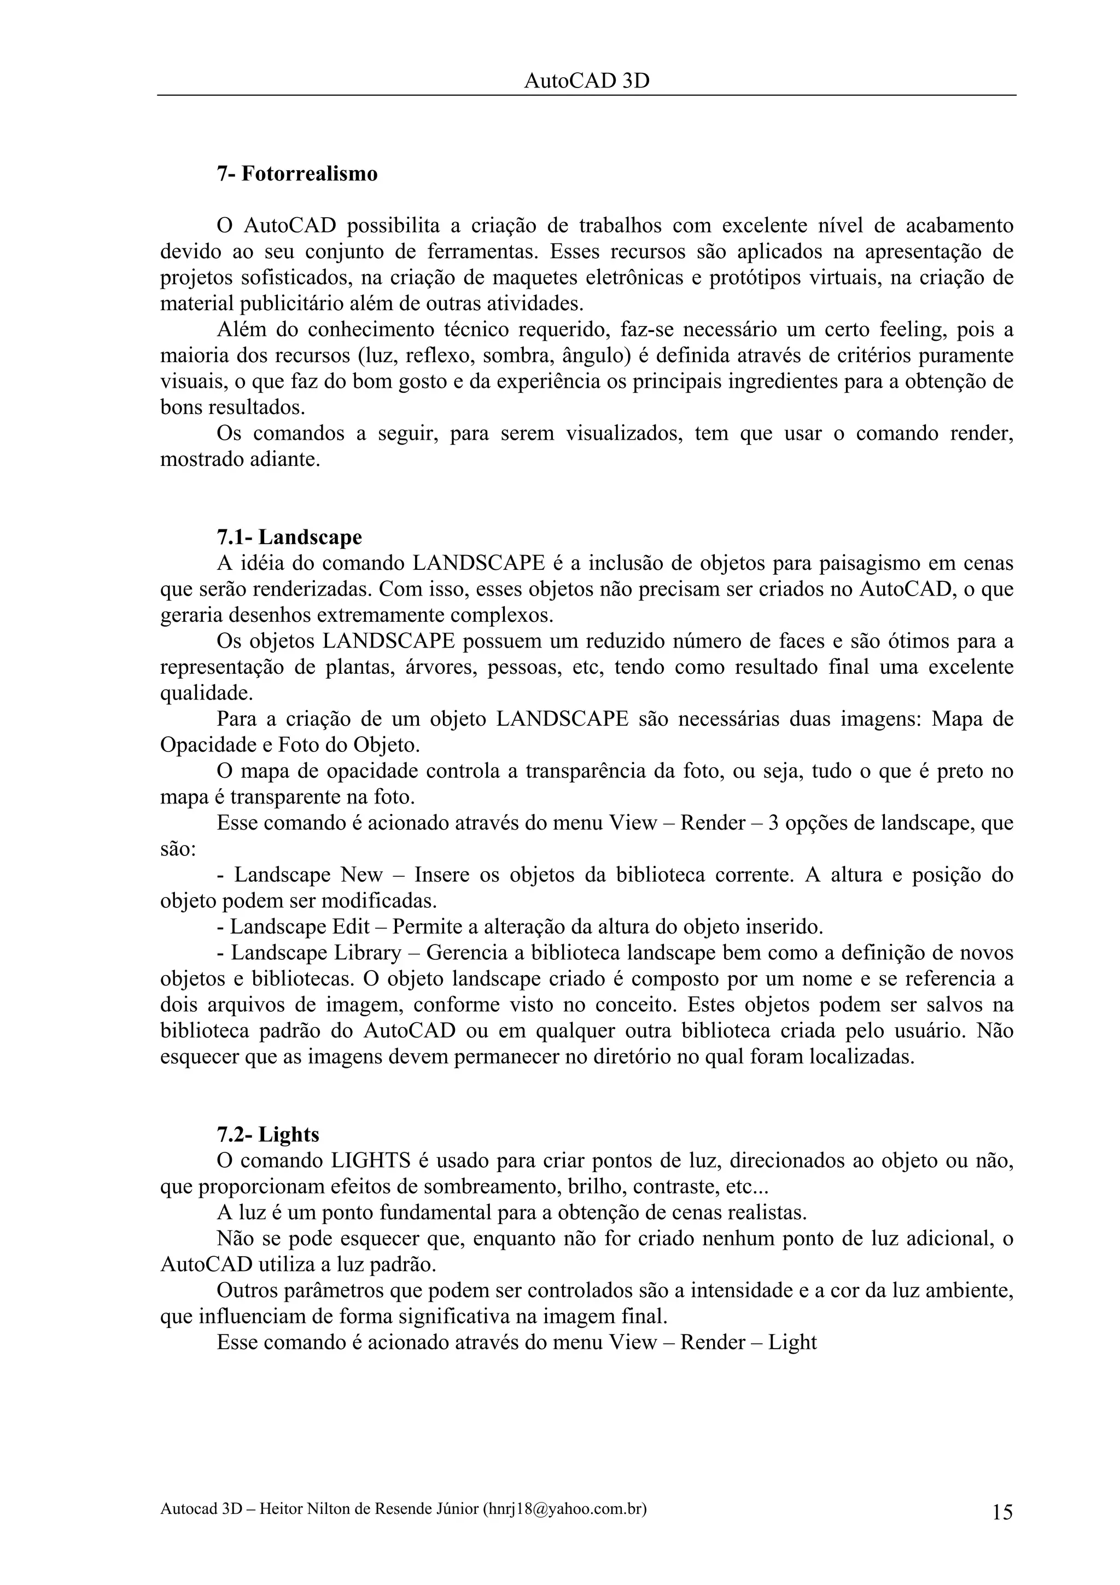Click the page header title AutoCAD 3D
point(587,81)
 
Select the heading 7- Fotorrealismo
point(297,173)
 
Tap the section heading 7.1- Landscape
point(289,537)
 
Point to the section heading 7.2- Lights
point(268,1134)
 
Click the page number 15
point(1002,1512)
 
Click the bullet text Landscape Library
point(316,953)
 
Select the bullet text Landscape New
point(308,875)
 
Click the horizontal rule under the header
point(587,95)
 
